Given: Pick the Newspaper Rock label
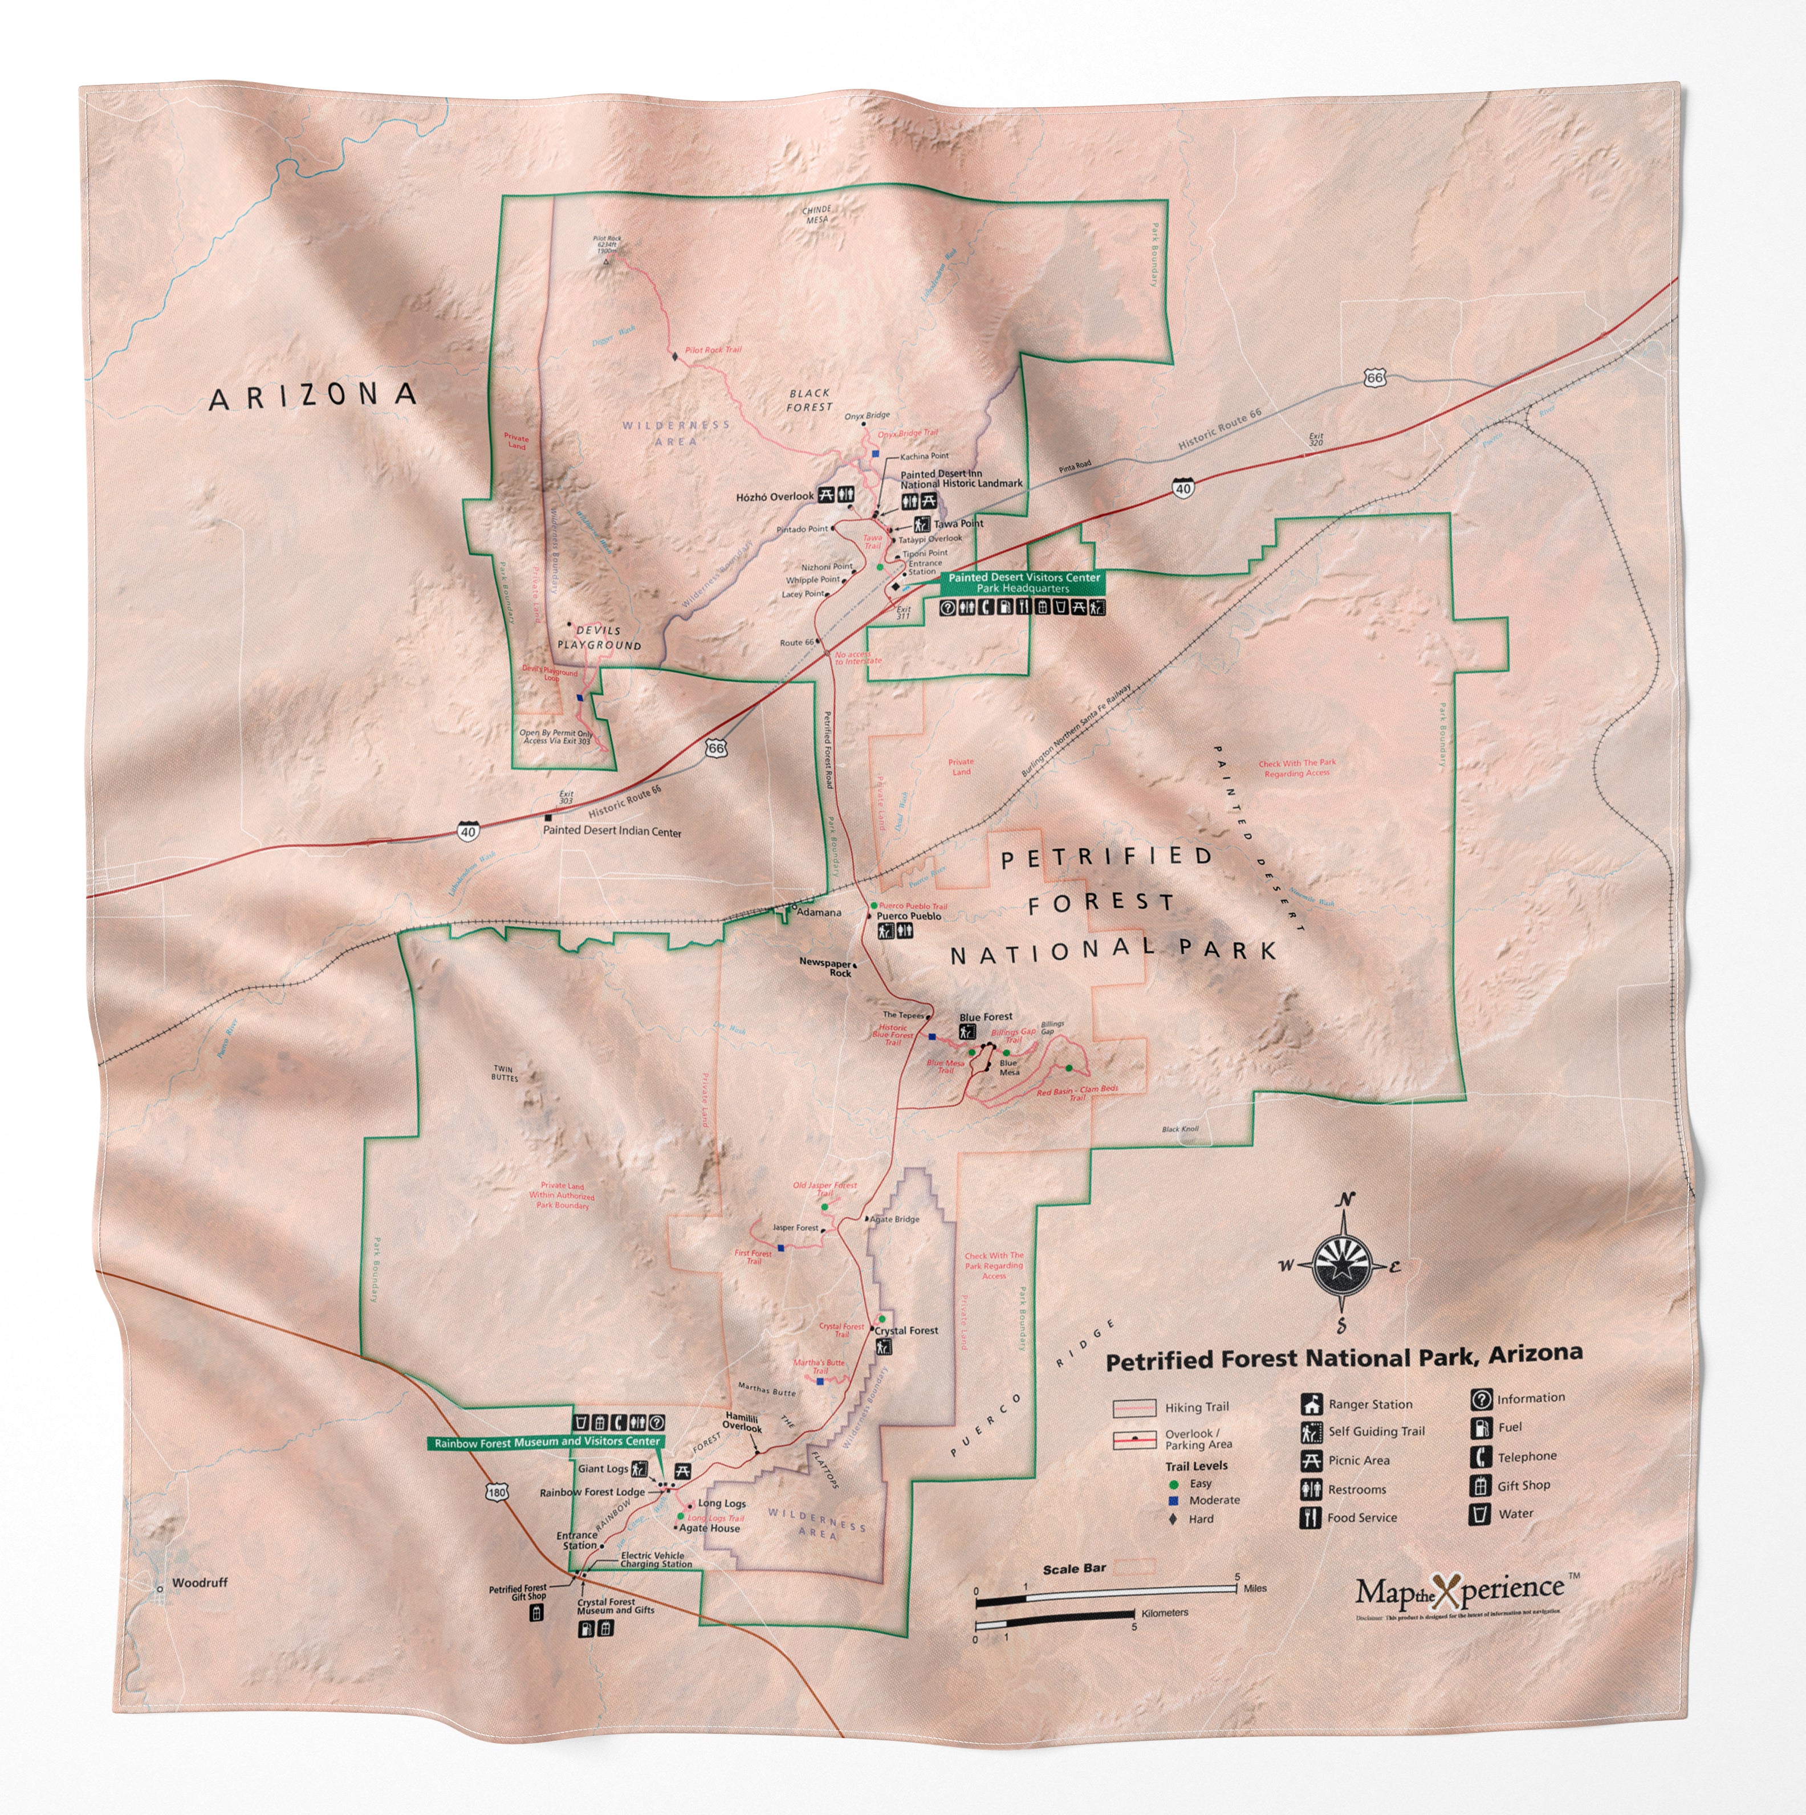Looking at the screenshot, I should click(826, 967).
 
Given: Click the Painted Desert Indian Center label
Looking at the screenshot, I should click(612, 832).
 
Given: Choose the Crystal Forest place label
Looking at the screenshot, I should click(907, 1330).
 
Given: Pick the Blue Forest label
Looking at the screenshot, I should click(986, 1016).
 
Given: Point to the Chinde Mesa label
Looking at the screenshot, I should click(816, 214).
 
